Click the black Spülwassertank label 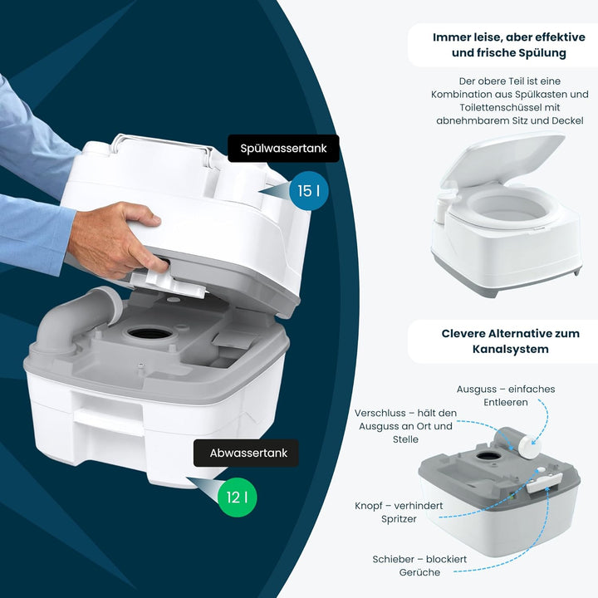pos(283,149)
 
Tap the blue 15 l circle pos(308,191)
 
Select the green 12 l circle pos(237,498)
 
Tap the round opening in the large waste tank pos(150,332)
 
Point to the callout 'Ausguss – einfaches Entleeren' pos(505,395)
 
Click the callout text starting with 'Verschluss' pos(404,425)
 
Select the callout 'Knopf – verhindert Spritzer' pos(398,512)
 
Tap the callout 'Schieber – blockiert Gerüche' pos(419,566)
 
